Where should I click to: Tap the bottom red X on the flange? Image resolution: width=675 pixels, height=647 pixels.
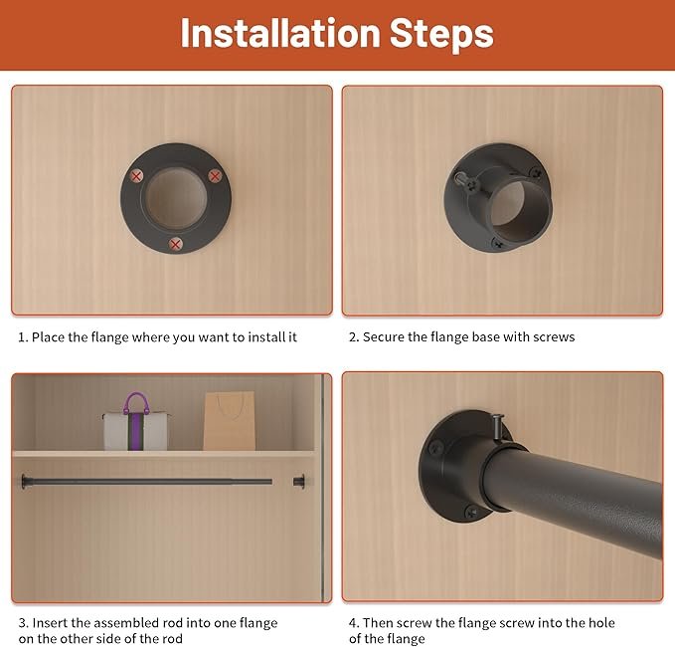(x=175, y=245)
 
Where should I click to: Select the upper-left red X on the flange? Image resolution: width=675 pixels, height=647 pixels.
(x=136, y=176)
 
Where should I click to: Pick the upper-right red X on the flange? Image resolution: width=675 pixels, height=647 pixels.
(x=215, y=175)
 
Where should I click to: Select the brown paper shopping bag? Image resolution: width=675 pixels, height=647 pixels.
(x=230, y=421)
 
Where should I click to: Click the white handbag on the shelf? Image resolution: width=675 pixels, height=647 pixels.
(x=135, y=431)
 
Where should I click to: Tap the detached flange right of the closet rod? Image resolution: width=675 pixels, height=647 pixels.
(x=299, y=481)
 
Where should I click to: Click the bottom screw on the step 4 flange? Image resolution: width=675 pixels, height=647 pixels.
(x=471, y=512)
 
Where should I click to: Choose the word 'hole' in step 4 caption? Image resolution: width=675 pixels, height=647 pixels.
(x=600, y=623)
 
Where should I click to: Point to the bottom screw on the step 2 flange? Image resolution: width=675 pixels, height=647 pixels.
(x=499, y=244)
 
